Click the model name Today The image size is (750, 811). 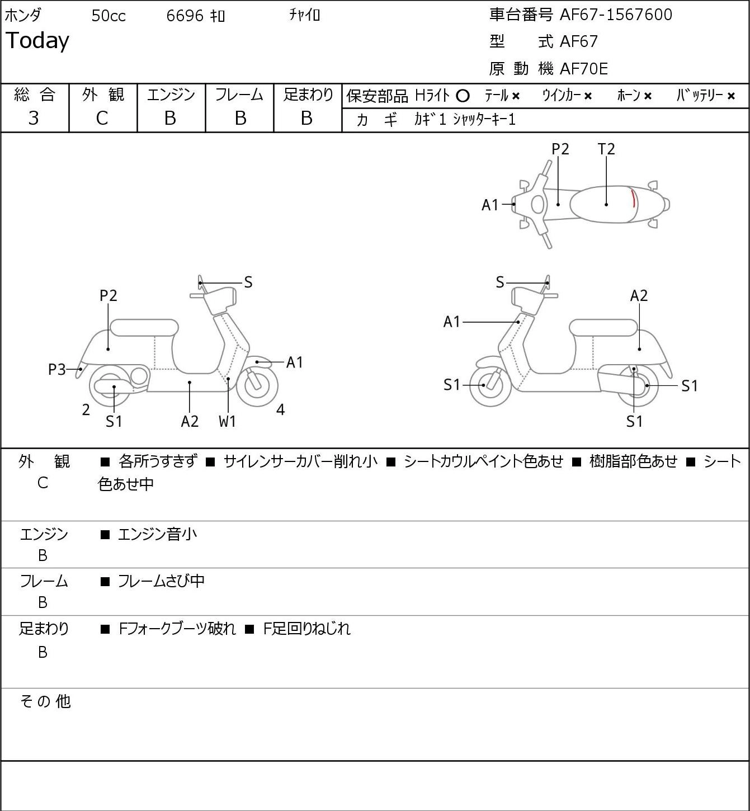coord(37,41)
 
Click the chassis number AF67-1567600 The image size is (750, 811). coord(616,15)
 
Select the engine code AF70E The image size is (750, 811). coord(584,69)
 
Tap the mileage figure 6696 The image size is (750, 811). coord(185,16)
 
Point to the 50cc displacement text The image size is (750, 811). coord(109,16)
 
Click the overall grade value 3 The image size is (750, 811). coord(34,118)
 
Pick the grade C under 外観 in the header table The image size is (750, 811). coord(102,118)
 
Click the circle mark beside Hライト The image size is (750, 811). coord(463,96)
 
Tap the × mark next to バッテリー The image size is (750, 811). coord(731,96)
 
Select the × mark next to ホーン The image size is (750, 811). coord(648,96)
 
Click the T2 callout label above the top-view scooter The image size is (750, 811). coord(606,149)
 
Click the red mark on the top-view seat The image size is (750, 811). coord(634,199)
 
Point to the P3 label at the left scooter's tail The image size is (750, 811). coord(57,370)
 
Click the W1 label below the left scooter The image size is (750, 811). coord(227,421)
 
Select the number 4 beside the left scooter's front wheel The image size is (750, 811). coord(280,409)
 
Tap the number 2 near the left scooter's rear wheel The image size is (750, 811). coord(86,409)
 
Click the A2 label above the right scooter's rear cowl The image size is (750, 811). coord(639,296)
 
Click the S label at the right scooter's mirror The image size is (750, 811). coord(500,282)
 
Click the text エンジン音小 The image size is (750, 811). coord(157,534)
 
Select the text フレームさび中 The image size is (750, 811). coord(162,581)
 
